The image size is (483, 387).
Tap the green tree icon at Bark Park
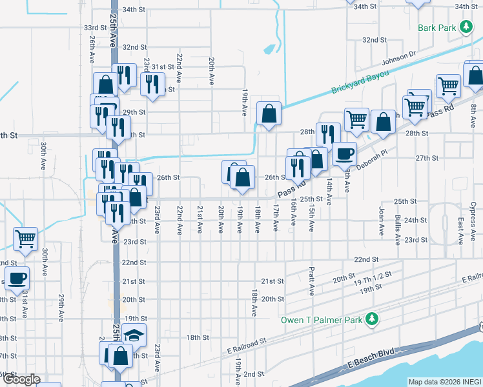[465, 27]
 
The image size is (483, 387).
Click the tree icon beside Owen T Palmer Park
[371, 319]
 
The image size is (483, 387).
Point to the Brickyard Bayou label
[360, 83]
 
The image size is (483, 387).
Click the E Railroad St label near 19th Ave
[247, 345]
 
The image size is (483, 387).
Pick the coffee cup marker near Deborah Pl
[344, 154]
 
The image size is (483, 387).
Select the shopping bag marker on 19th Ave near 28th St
[269, 114]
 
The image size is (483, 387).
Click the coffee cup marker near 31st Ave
[17, 278]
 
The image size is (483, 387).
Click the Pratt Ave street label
[312, 281]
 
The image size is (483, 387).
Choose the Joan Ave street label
[381, 219]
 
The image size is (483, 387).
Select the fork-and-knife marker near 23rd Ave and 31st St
[152, 84]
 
